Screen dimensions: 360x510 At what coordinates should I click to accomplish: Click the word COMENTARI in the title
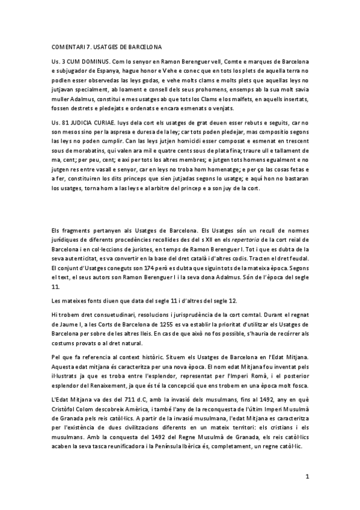[67, 46]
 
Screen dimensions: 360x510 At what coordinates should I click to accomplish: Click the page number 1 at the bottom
[307, 477]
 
